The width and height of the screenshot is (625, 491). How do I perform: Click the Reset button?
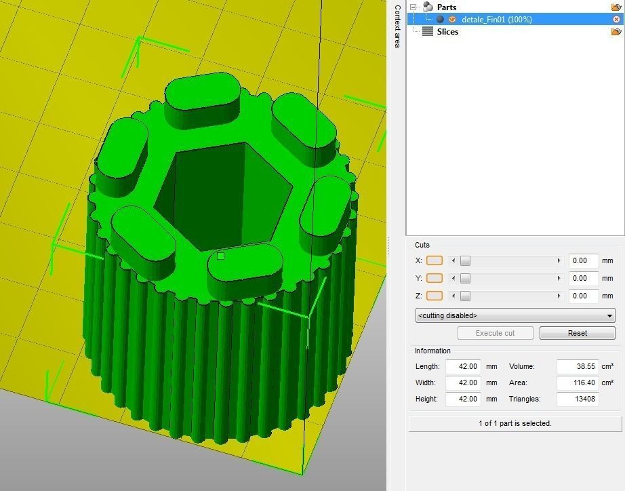pyautogui.click(x=577, y=333)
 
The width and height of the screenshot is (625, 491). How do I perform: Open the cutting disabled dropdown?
pyautogui.click(x=515, y=315)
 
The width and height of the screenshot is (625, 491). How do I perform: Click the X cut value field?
pyautogui.click(x=584, y=260)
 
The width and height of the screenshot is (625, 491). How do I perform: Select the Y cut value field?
pyautogui.click(x=584, y=278)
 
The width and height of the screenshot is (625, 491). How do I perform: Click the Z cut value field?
pyautogui.click(x=584, y=296)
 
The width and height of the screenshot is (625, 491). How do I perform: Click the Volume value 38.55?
pyautogui.click(x=576, y=366)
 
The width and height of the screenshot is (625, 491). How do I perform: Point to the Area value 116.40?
pyautogui.click(x=576, y=382)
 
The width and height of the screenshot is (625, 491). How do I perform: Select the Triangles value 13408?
pyautogui.click(x=576, y=399)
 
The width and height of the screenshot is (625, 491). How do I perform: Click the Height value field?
pyautogui.click(x=463, y=399)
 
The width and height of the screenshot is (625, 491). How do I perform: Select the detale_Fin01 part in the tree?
pyautogui.click(x=496, y=20)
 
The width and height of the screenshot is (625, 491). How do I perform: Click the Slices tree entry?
pyautogui.click(x=447, y=32)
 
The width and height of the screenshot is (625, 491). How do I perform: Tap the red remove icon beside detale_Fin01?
pyautogui.click(x=616, y=20)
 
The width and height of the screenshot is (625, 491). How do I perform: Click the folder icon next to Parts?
pyautogui.click(x=616, y=7)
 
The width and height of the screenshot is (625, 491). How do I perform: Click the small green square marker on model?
pyautogui.click(x=220, y=256)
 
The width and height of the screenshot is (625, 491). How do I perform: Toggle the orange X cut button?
pyautogui.click(x=435, y=260)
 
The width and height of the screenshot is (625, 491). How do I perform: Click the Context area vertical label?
pyautogui.click(x=397, y=26)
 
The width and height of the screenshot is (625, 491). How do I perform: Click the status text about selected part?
pyautogui.click(x=515, y=423)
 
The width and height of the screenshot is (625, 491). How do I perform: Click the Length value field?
pyautogui.click(x=463, y=366)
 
